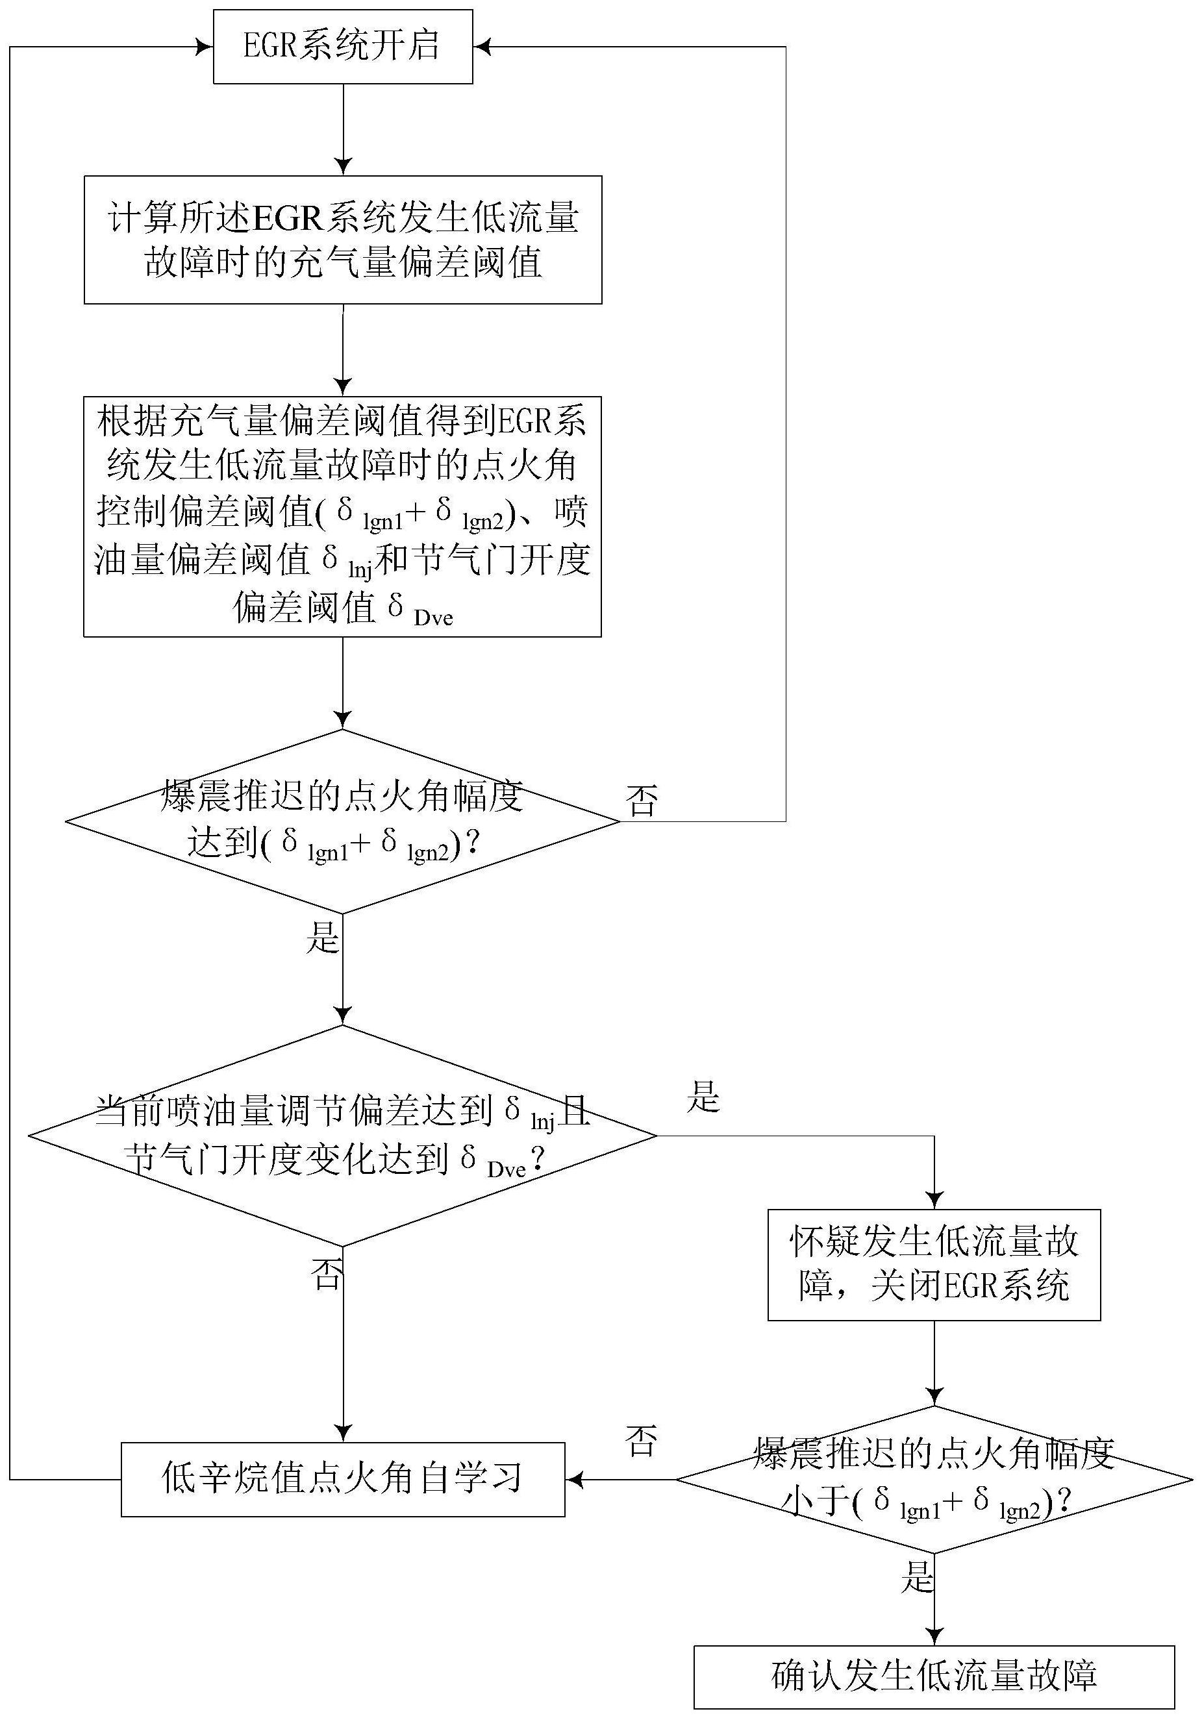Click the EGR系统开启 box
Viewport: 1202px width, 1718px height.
343,46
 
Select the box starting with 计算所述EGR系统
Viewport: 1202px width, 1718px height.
343,240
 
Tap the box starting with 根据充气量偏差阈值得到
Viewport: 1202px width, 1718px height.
342,516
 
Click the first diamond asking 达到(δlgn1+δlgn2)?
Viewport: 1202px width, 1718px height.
342,821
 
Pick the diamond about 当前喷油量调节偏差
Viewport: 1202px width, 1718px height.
342,1135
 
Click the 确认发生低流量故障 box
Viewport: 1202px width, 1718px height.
933,1676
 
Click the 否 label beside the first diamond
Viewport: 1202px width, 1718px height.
642,801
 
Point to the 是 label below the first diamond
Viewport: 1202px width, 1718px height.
323,937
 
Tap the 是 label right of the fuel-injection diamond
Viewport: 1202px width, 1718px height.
703,1097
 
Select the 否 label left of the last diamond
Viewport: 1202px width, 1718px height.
642,1440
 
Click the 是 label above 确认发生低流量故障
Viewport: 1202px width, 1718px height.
918,1576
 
